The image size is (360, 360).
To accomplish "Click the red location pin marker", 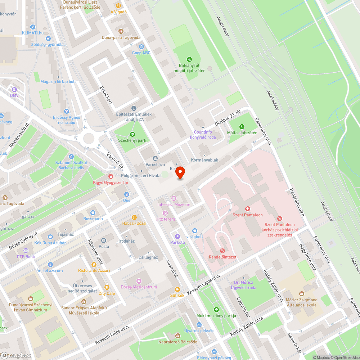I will [x=180, y=173].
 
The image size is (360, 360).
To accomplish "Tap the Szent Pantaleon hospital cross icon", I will [x=248, y=209].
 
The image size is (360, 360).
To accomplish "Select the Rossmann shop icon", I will [x=93, y=212].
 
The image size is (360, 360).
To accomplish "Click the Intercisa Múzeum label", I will [x=174, y=204].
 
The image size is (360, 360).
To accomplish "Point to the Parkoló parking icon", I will [x=177, y=237].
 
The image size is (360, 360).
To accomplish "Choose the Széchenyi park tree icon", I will [x=132, y=134].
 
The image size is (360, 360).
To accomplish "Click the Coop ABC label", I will [x=141, y=53].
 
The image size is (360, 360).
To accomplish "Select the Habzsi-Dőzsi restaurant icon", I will [x=134, y=217].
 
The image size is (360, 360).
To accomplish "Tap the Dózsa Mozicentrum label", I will [x=139, y=287].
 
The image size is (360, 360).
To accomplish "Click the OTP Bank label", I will [x=26, y=257].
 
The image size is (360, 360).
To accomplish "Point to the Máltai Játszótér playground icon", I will [x=242, y=127].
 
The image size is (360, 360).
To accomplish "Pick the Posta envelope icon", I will [x=104, y=240].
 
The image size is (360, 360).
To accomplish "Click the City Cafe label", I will [x=107, y=293].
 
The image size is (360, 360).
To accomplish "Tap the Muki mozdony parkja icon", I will [x=216, y=310].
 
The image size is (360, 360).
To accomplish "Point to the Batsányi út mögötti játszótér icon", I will [x=189, y=59].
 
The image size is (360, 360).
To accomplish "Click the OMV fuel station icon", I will [x=14, y=89].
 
